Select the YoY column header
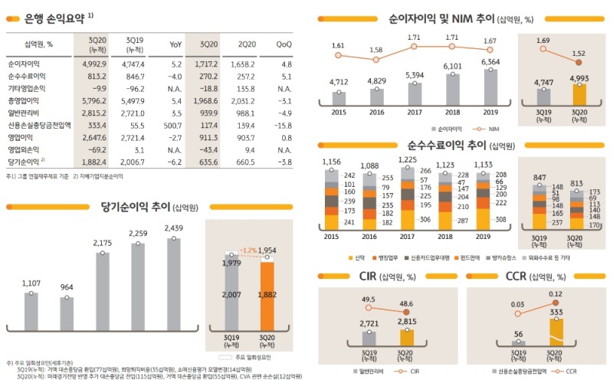[x=175, y=45]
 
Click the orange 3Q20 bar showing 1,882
[x=267, y=306]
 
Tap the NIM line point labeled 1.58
[x=375, y=57]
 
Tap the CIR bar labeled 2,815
[x=406, y=339]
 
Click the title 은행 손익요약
[x=46, y=17]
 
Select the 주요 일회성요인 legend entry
[x=247, y=357]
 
